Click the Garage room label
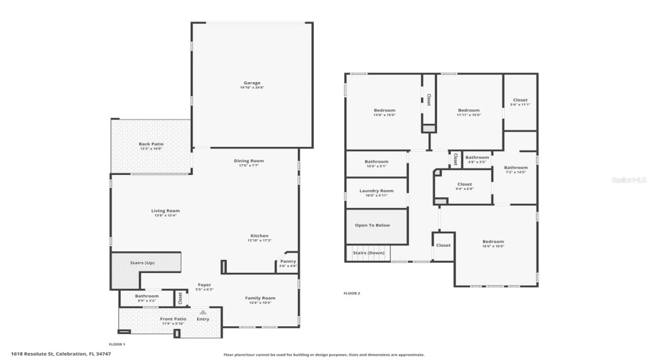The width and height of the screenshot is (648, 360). pyautogui.click(x=251, y=84)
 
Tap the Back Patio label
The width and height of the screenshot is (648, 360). pyautogui.click(x=151, y=145)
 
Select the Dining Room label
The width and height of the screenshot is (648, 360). pyautogui.click(x=248, y=161)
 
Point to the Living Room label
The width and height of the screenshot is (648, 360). pyautogui.click(x=165, y=211)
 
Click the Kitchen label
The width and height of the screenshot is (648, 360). pyautogui.click(x=259, y=236)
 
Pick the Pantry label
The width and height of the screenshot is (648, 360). pyautogui.click(x=288, y=262)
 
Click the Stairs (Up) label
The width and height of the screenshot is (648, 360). pyautogui.click(x=142, y=263)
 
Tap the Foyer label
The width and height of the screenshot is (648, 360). pyautogui.click(x=204, y=285)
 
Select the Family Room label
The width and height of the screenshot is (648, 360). pyautogui.click(x=260, y=298)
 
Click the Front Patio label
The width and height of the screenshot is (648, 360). pyautogui.click(x=173, y=319)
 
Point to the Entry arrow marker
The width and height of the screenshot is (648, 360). pyautogui.click(x=203, y=312)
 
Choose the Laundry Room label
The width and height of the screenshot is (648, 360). pyautogui.click(x=376, y=191)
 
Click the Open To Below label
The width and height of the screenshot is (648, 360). pyautogui.click(x=372, y=225)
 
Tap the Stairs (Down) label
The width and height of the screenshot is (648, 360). pyautogui.click(x=369, y=253)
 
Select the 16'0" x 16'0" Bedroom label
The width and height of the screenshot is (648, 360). pyautogui.click(x=493, y=242)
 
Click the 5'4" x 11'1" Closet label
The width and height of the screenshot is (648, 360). pyautogui.click(x=520, y=101)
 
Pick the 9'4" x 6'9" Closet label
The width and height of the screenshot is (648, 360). pyautogui.click(x=464, y=184)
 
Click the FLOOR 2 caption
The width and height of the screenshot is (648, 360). pyautogui.click(x=351, y=293)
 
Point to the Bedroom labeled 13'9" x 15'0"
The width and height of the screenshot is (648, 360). pyautogui.click(x=384, y=111)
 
